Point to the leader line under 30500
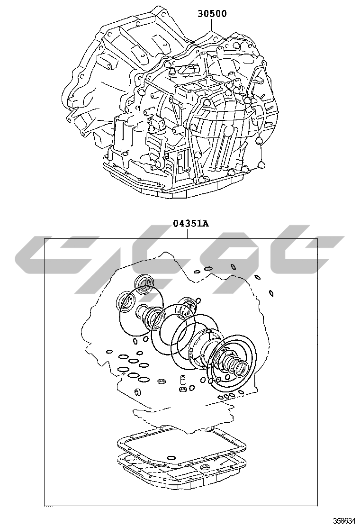click(212, 25)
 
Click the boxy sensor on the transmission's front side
click(157, 124)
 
